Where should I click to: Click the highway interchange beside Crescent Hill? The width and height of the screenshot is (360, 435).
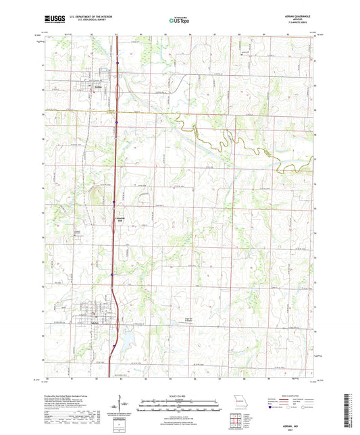tap(113, 203)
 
